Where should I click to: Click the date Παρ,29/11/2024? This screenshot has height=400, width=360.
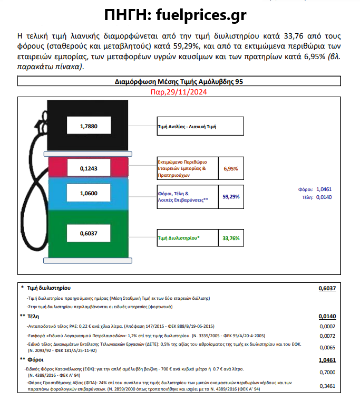[179, 93]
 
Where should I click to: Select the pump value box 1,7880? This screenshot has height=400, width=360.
[88, 127]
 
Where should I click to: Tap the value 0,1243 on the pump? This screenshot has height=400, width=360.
[88, 168]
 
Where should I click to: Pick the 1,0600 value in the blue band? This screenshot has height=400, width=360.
[88, 194]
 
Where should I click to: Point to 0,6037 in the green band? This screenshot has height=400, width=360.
[88, 233]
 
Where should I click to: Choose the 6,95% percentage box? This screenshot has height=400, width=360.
[231, 169]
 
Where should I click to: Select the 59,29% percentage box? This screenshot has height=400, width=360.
[231, 196]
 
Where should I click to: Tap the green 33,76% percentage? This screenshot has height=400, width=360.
[231, 239]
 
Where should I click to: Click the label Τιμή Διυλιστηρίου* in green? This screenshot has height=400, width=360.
[179, 239]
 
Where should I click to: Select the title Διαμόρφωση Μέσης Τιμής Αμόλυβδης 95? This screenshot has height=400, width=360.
[179, 82]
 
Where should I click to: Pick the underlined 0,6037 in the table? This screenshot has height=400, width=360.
[327, 289]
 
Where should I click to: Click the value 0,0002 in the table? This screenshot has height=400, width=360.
[328, 326]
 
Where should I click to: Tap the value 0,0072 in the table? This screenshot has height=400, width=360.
[328, 336]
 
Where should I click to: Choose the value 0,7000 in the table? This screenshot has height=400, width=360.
[328, 372]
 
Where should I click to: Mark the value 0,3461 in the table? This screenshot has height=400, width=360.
[328, 386]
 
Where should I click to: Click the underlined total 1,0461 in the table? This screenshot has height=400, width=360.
[327, 360]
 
